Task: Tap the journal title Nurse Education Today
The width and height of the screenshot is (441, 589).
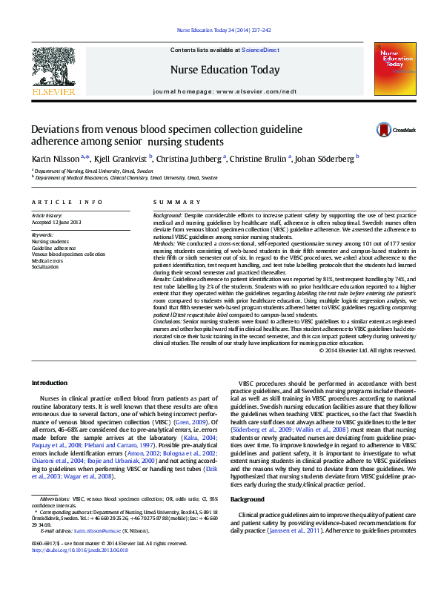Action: click(x=225, y=70)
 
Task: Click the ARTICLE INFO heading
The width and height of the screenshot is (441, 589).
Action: click(x=67, y=203)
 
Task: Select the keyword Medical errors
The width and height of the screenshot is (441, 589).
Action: click(x=47, y=260)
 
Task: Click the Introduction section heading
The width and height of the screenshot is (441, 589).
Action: click(x=50, y=383)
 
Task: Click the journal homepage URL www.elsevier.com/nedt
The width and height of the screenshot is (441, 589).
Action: click(x=260, y=91)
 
